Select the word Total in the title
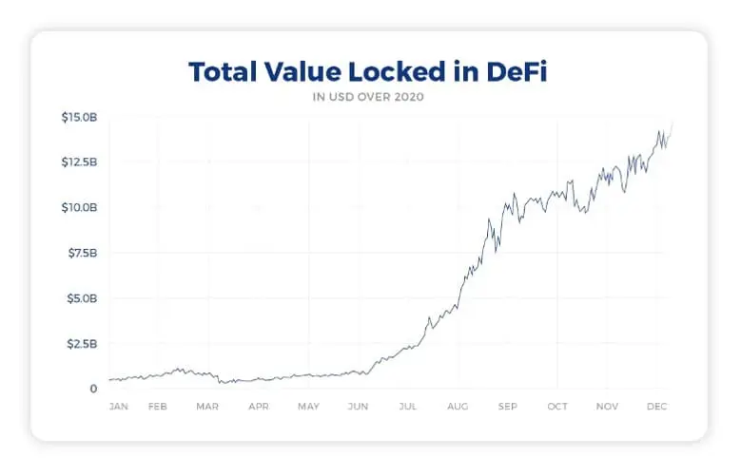pos(224,72)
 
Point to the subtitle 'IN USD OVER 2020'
pos(370,96)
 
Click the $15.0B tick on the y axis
pos(78,117)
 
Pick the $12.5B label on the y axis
pos(78,162)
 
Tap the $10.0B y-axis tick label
pos(78,207)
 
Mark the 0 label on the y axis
pos(94,389)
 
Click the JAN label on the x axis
pos(119,407)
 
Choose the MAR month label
pos(207,407)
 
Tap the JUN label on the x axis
pos(359,407)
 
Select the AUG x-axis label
pos(458,407)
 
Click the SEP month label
pos(507,407)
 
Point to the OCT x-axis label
pos(557,407)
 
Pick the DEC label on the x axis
pos(656,407)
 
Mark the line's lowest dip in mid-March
pos(221,383)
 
